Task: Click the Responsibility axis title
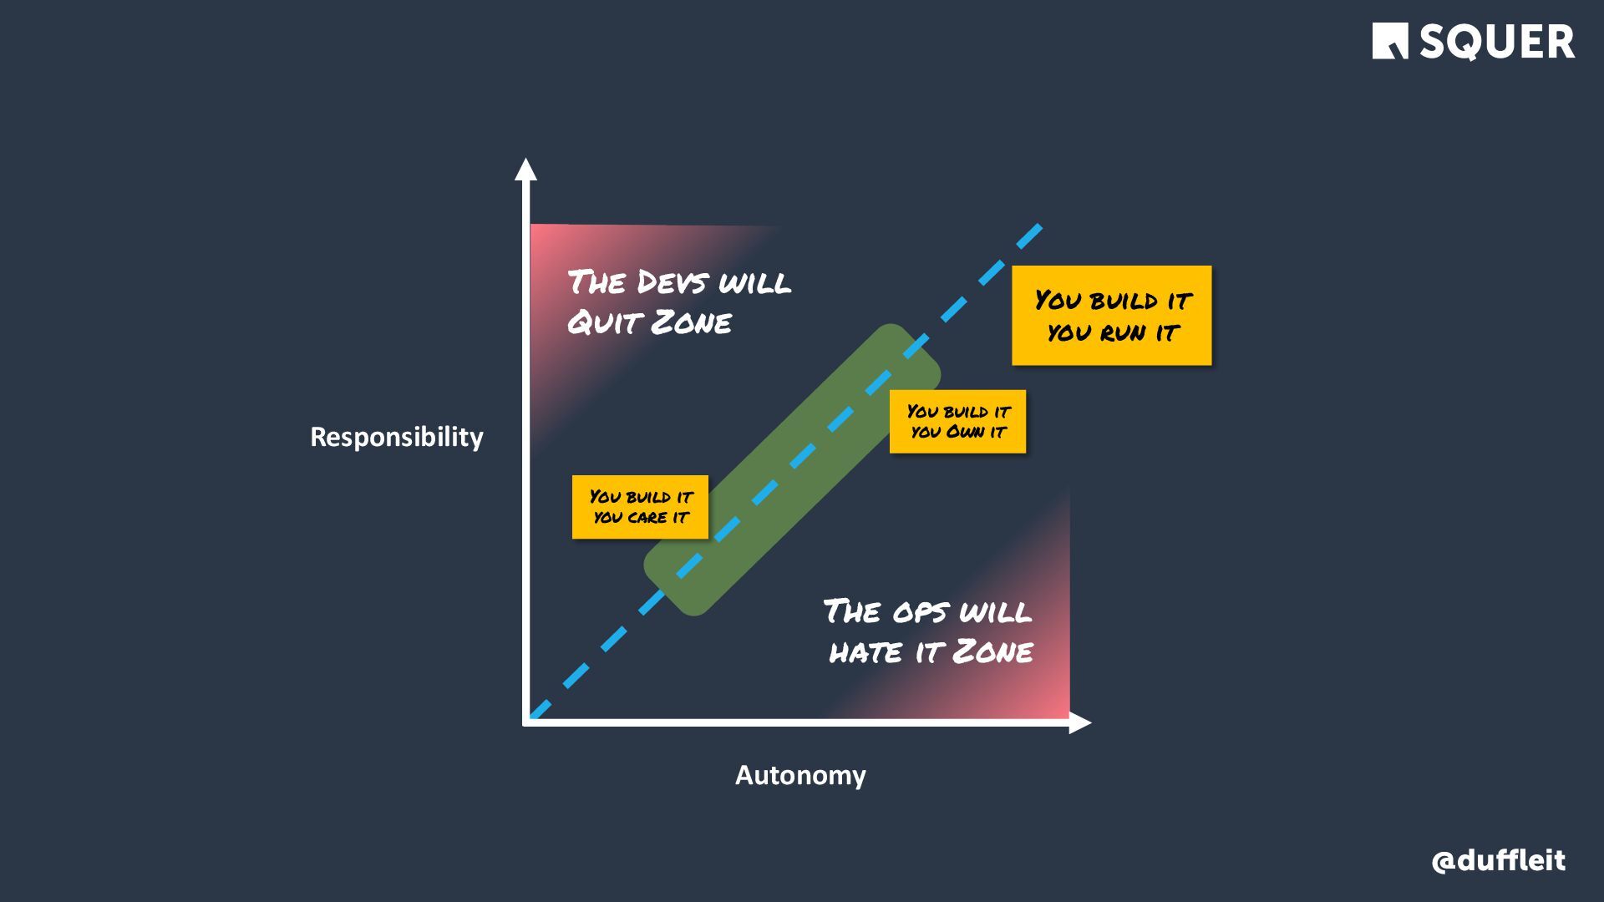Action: point(397,437)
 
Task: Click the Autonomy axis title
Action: point(800,775)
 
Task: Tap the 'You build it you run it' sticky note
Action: point(1111,315)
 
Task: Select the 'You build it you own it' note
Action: point(957,422)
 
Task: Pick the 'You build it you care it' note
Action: point(640,507)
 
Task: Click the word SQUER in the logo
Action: point(1497,42)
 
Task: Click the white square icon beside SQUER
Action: point(1389,41)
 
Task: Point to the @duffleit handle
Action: point(1498,860)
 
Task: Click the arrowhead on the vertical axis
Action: point(525,169)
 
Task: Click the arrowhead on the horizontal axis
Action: point(1080,723)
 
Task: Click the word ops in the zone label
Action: point(920,612)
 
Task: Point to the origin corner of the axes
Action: point(526,722)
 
